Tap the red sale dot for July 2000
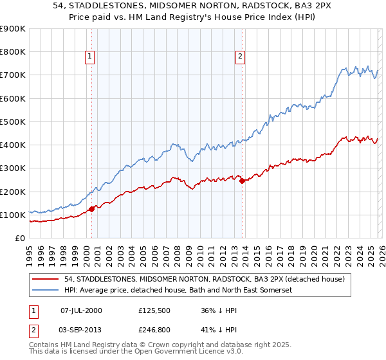click(91, 208)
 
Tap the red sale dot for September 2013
click(242, 181)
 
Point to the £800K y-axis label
click(13, 52)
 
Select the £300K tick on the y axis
click(13, 168)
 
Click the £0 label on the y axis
click(20, 239)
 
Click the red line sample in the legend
click(45, 279)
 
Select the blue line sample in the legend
click(45, 290)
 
